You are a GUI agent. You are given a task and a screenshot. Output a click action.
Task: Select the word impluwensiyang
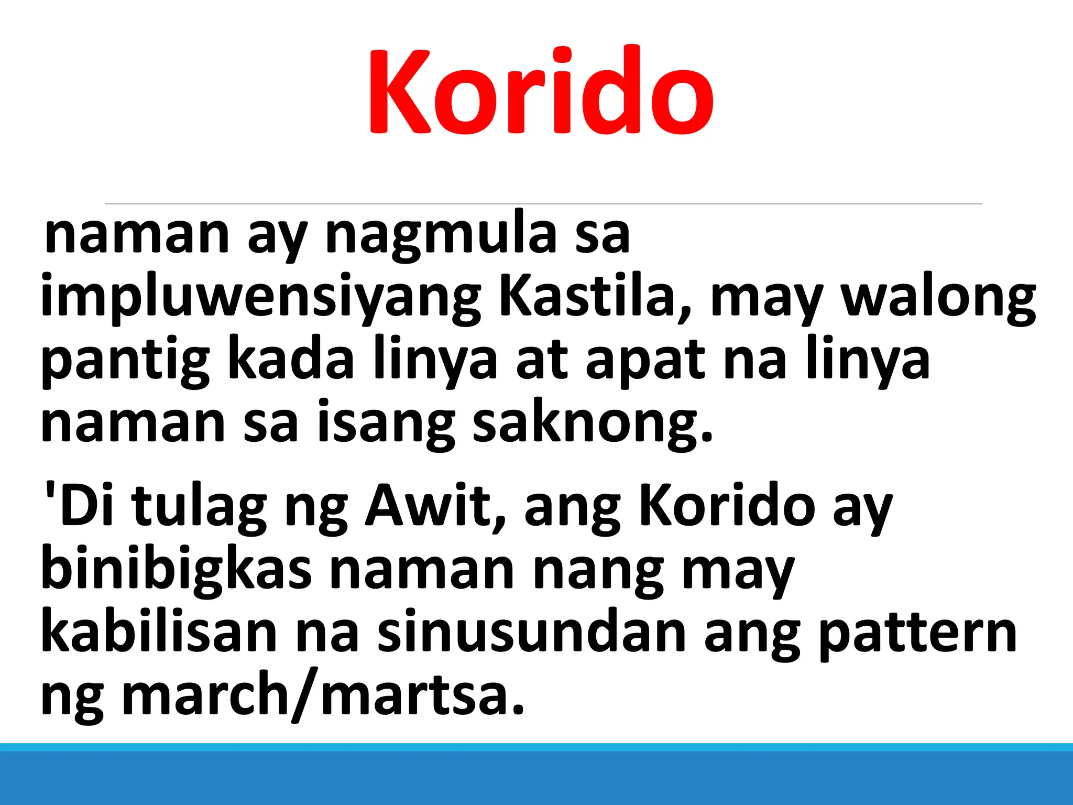260,297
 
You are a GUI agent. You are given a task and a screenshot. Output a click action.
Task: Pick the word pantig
125,360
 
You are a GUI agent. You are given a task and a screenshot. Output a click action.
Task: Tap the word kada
291,360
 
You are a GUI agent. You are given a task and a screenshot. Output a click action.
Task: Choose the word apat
645,360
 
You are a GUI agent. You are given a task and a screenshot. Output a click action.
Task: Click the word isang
386,423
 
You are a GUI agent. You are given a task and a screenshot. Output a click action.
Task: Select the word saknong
592,423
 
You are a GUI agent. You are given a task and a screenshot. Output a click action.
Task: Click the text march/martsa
323,694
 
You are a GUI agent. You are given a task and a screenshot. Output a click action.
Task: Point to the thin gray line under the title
543,204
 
